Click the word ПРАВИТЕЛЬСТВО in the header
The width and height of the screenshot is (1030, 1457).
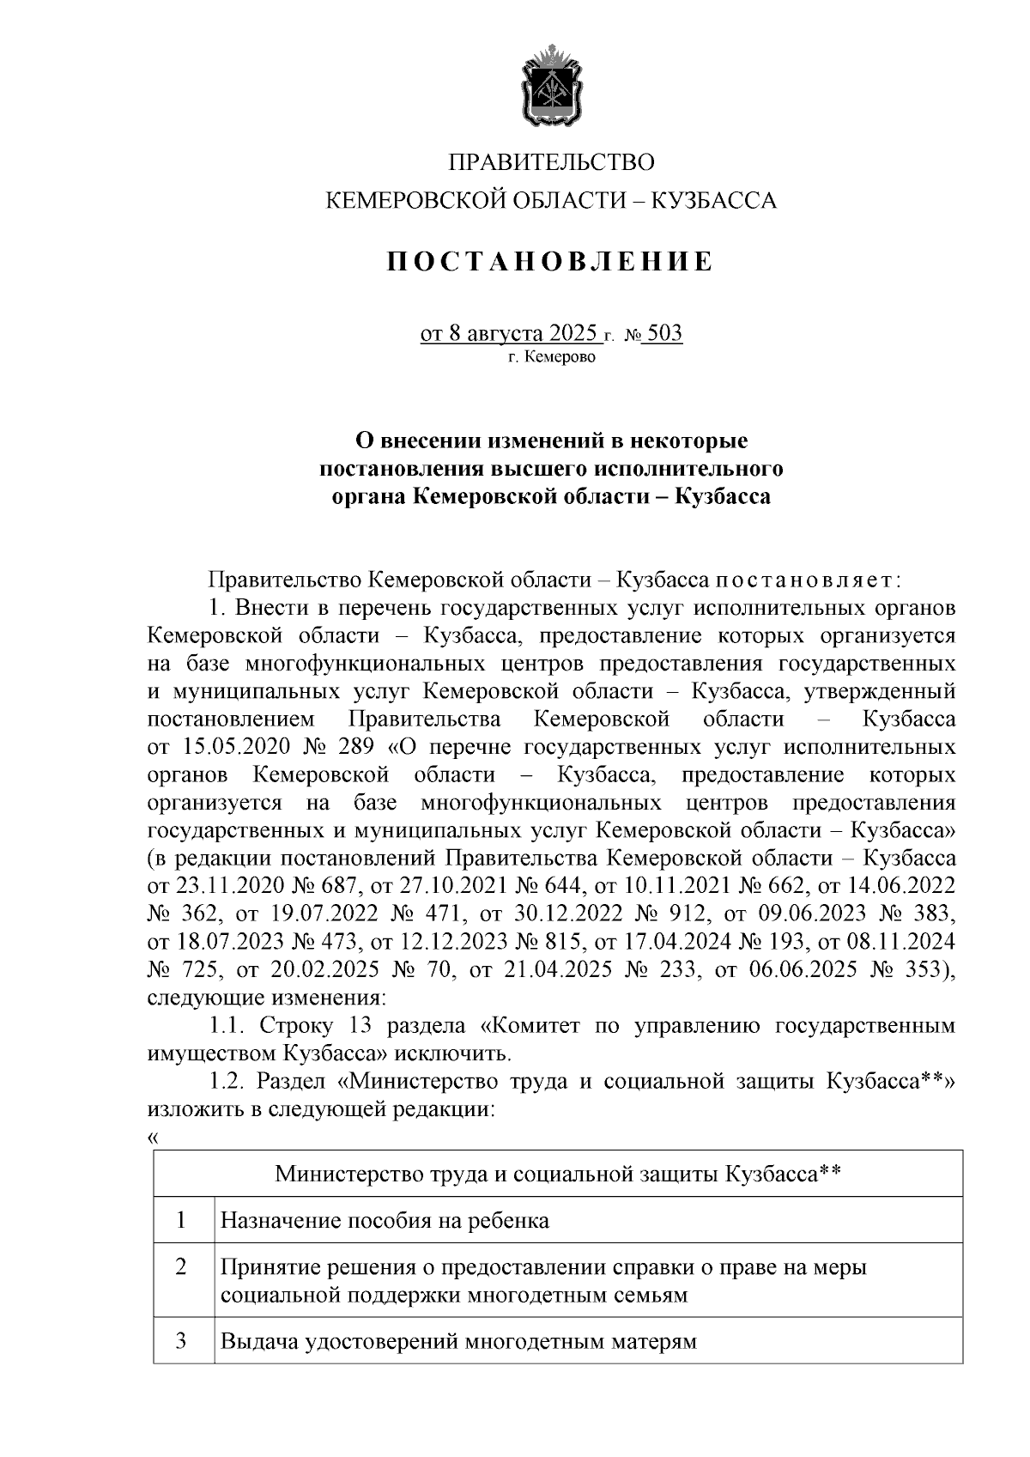click(552, 162)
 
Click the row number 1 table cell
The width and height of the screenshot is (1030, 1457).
click(182, 1220)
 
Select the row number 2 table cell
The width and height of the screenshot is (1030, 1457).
click(182, 1267)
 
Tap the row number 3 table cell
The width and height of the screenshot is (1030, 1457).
click(182, 1341)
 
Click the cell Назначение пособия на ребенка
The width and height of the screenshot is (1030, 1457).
click(385, 1220)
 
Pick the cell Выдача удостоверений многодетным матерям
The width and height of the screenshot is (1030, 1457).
click(458, 1341)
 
